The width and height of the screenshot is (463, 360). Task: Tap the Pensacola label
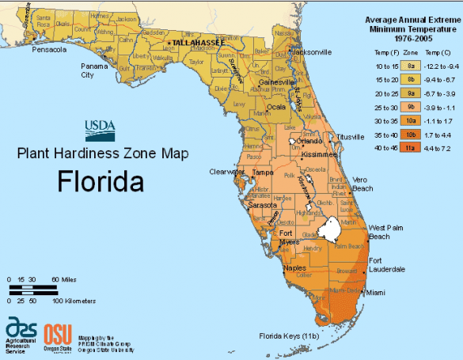(47, 49)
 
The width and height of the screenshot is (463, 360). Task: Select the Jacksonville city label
(311, 51)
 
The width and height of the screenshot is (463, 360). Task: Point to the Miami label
(376, 293)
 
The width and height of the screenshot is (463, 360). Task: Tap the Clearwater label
(226, 171)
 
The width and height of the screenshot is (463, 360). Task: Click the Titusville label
(351, 137)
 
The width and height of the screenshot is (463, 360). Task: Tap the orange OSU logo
(58, 332)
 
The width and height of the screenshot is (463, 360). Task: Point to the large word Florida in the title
(101, 181)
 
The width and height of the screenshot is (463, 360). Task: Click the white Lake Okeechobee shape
(328, 231)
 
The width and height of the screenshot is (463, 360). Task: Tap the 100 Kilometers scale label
(74, 301)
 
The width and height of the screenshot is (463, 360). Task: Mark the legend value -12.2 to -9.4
(440, 66)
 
